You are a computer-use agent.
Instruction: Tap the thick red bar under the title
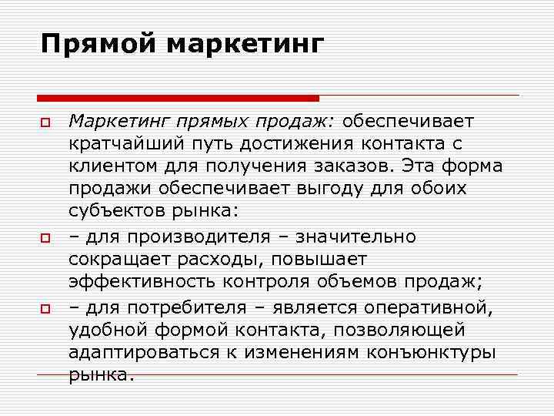(x=178, y=98)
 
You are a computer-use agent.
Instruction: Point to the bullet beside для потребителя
(x=46, y=308)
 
